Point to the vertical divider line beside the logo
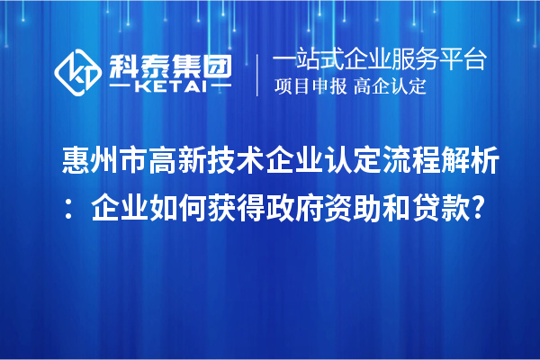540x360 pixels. [x=258, y=72]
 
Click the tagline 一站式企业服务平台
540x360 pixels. [x=380, y=59]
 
